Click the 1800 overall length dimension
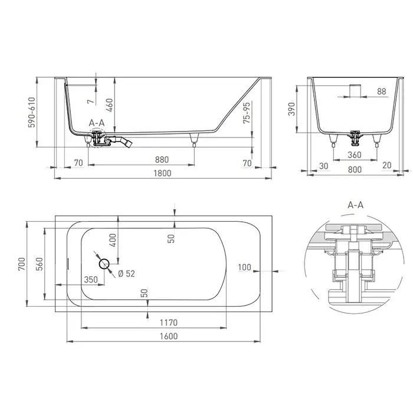[x=162, y=173]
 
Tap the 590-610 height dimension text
[x=32, y=113]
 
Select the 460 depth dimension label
[x=110, y=105]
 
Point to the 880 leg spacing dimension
[x=162, y=160]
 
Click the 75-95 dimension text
[x=247, y=113]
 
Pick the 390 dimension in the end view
[x=291, y=109]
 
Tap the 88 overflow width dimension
[x=381, y=91]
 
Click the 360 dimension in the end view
[x=354, y=155]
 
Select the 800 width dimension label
[x=355, y=169]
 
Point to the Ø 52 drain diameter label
[x=126, y=274]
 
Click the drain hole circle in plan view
[x=104, y=264]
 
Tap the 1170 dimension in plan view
[x=169, y=322]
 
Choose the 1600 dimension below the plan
[x=169, y=336]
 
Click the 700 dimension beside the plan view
[x=22, y=264]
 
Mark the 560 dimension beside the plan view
[x=39, y=264]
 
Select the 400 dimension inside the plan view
[x=113, y=240]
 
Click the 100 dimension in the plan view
[x=244, y=267]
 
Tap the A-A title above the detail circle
[x=356, y=205]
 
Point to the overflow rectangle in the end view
[x=355, y=91]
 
